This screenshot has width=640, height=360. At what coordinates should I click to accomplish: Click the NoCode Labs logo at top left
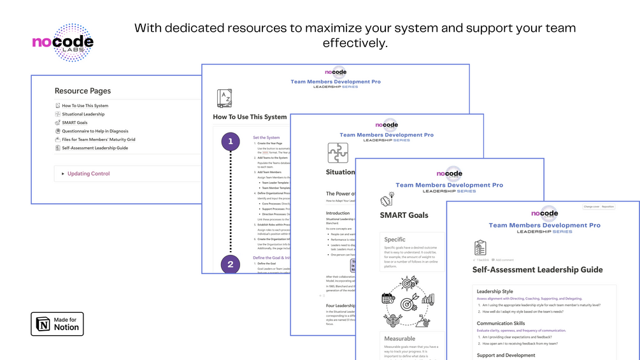[x=63, y=43]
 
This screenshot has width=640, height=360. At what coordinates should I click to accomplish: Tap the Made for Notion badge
[x=57, y=324]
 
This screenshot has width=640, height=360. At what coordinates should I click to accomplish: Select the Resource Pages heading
[x=83, y=91]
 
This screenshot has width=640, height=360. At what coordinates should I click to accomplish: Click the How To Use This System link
[x=85, y=106]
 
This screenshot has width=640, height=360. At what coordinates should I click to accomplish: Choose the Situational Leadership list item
[x=83, y=114]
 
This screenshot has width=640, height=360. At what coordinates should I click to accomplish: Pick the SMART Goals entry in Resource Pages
[x=75, y=122]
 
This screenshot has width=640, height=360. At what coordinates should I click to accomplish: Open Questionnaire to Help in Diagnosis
[x=95, y=131]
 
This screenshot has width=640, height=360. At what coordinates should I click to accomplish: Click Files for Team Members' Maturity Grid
[x=98, y=140]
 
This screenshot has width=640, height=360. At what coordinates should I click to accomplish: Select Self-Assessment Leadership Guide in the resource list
[x=94, y=148]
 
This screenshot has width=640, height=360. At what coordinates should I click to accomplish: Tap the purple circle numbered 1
[x=231, y=141]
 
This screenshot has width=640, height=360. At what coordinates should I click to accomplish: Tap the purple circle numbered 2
[x=231, y=264]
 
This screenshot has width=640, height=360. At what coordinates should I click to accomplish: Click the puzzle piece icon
[x=338, y=153]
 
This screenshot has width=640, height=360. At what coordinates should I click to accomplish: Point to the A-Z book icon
[x=224, y=98]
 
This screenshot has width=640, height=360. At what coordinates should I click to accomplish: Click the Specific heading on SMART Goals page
[x=395, y=240]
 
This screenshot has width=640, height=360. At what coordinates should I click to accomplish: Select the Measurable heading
[x=400, y=338]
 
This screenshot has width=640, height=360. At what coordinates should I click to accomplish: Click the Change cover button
[x=592, y=206]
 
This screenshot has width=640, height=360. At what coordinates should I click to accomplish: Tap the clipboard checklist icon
[x=481, y=248]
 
